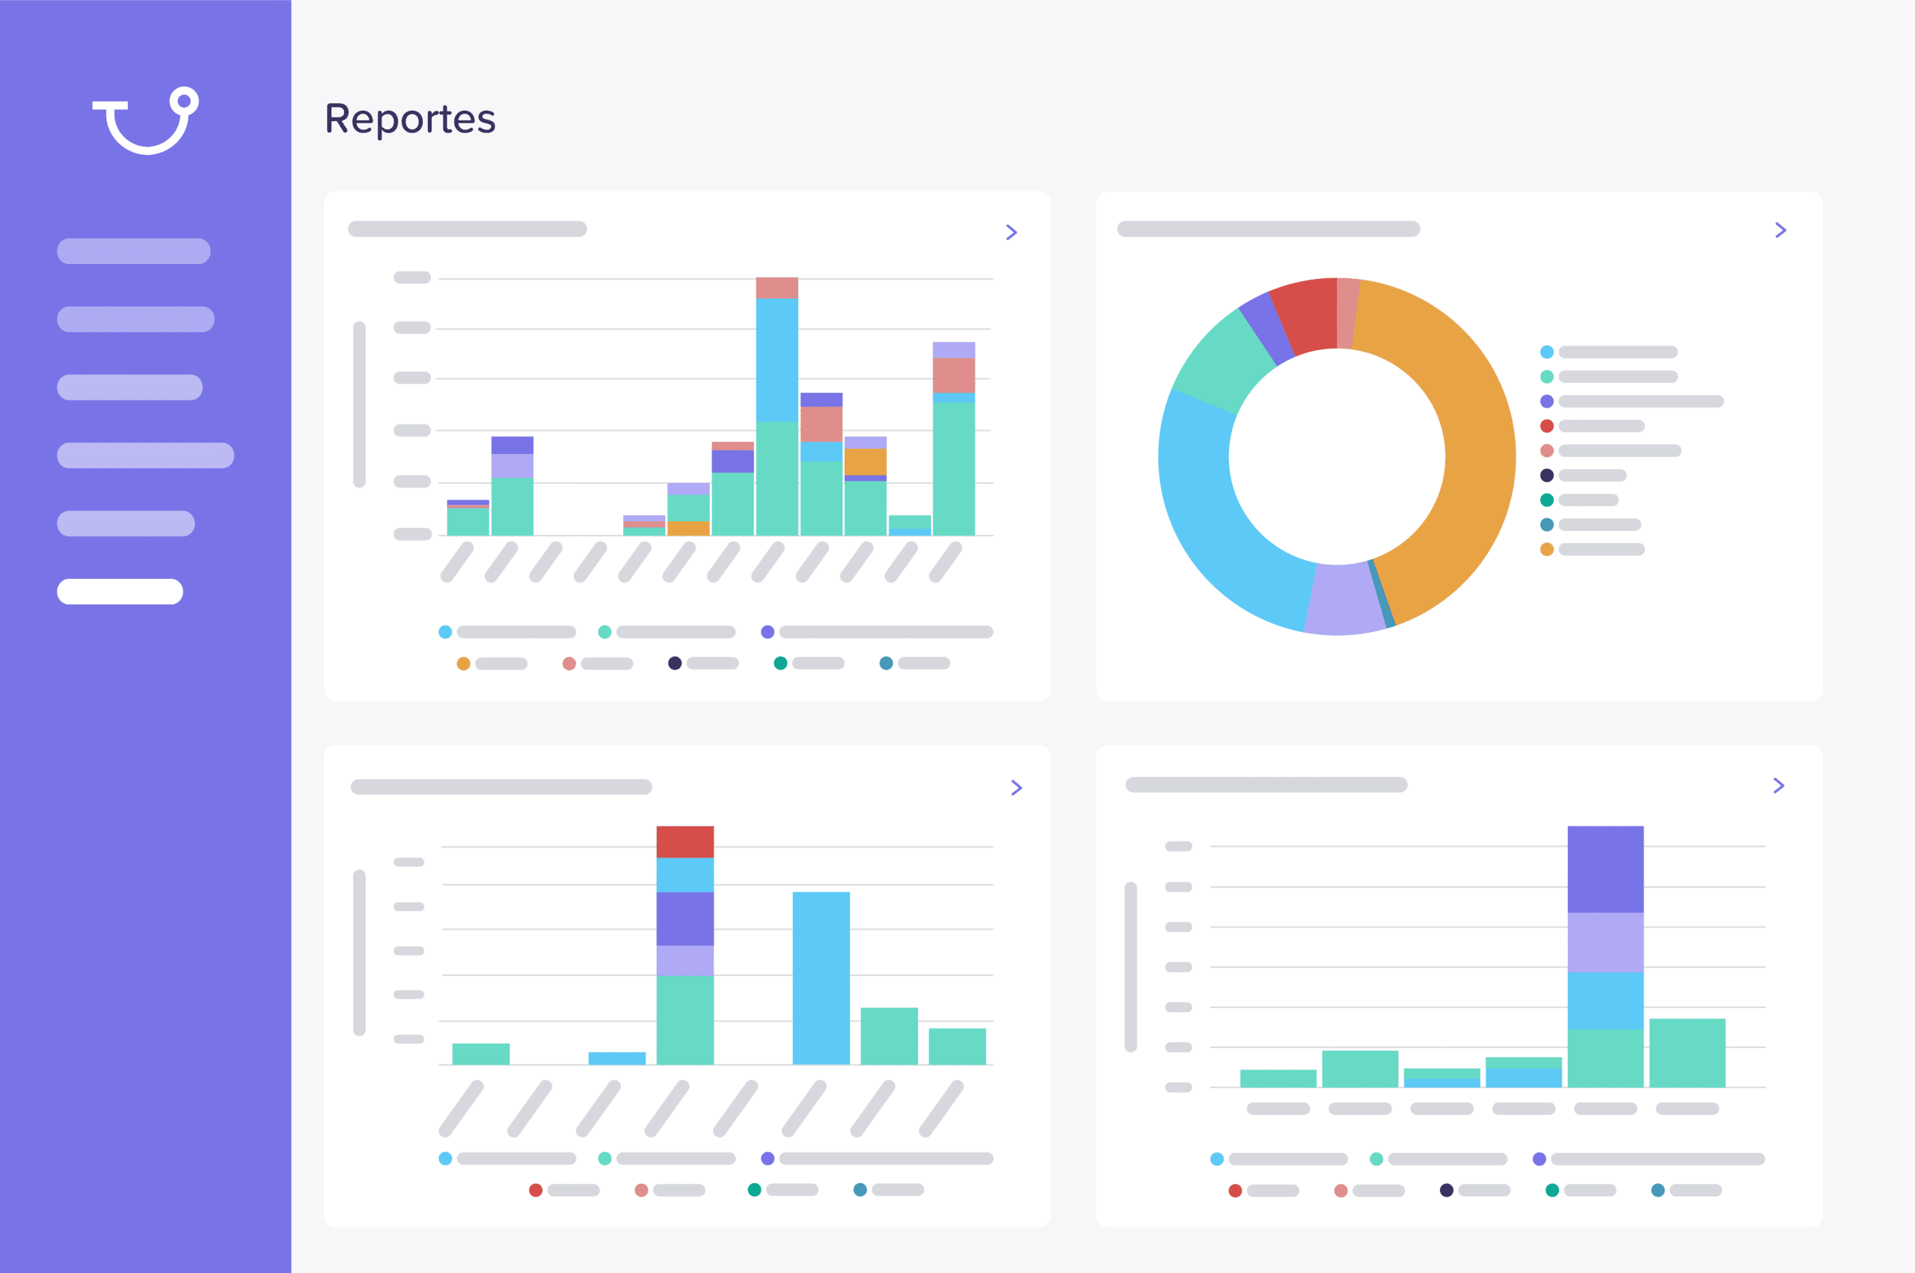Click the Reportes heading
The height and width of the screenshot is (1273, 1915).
coord(410,120)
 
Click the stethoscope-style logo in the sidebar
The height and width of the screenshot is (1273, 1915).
coord(146,120)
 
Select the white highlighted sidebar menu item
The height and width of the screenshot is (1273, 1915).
coord(120,591)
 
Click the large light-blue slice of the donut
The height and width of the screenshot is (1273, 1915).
coord(1218,520)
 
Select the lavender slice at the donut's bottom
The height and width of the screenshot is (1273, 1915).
coord(1343,599)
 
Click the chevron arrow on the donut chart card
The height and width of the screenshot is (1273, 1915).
coord(1780,230)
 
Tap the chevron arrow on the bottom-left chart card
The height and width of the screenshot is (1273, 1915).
coord(1017,788)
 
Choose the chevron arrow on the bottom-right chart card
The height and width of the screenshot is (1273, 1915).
coord(1779,785)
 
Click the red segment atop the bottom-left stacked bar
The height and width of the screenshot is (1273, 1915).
coord(685,842)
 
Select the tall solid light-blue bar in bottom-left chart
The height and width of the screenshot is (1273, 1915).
coord(821,978)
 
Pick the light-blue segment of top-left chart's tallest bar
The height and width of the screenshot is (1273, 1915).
coord(777,360)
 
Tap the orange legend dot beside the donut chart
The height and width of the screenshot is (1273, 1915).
coord(1546,550)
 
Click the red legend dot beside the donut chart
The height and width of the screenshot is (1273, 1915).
coord(1546,426)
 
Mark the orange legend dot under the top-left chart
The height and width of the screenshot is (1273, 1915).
coord(464,663)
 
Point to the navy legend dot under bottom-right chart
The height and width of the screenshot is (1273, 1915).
coord(1446,1190)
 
